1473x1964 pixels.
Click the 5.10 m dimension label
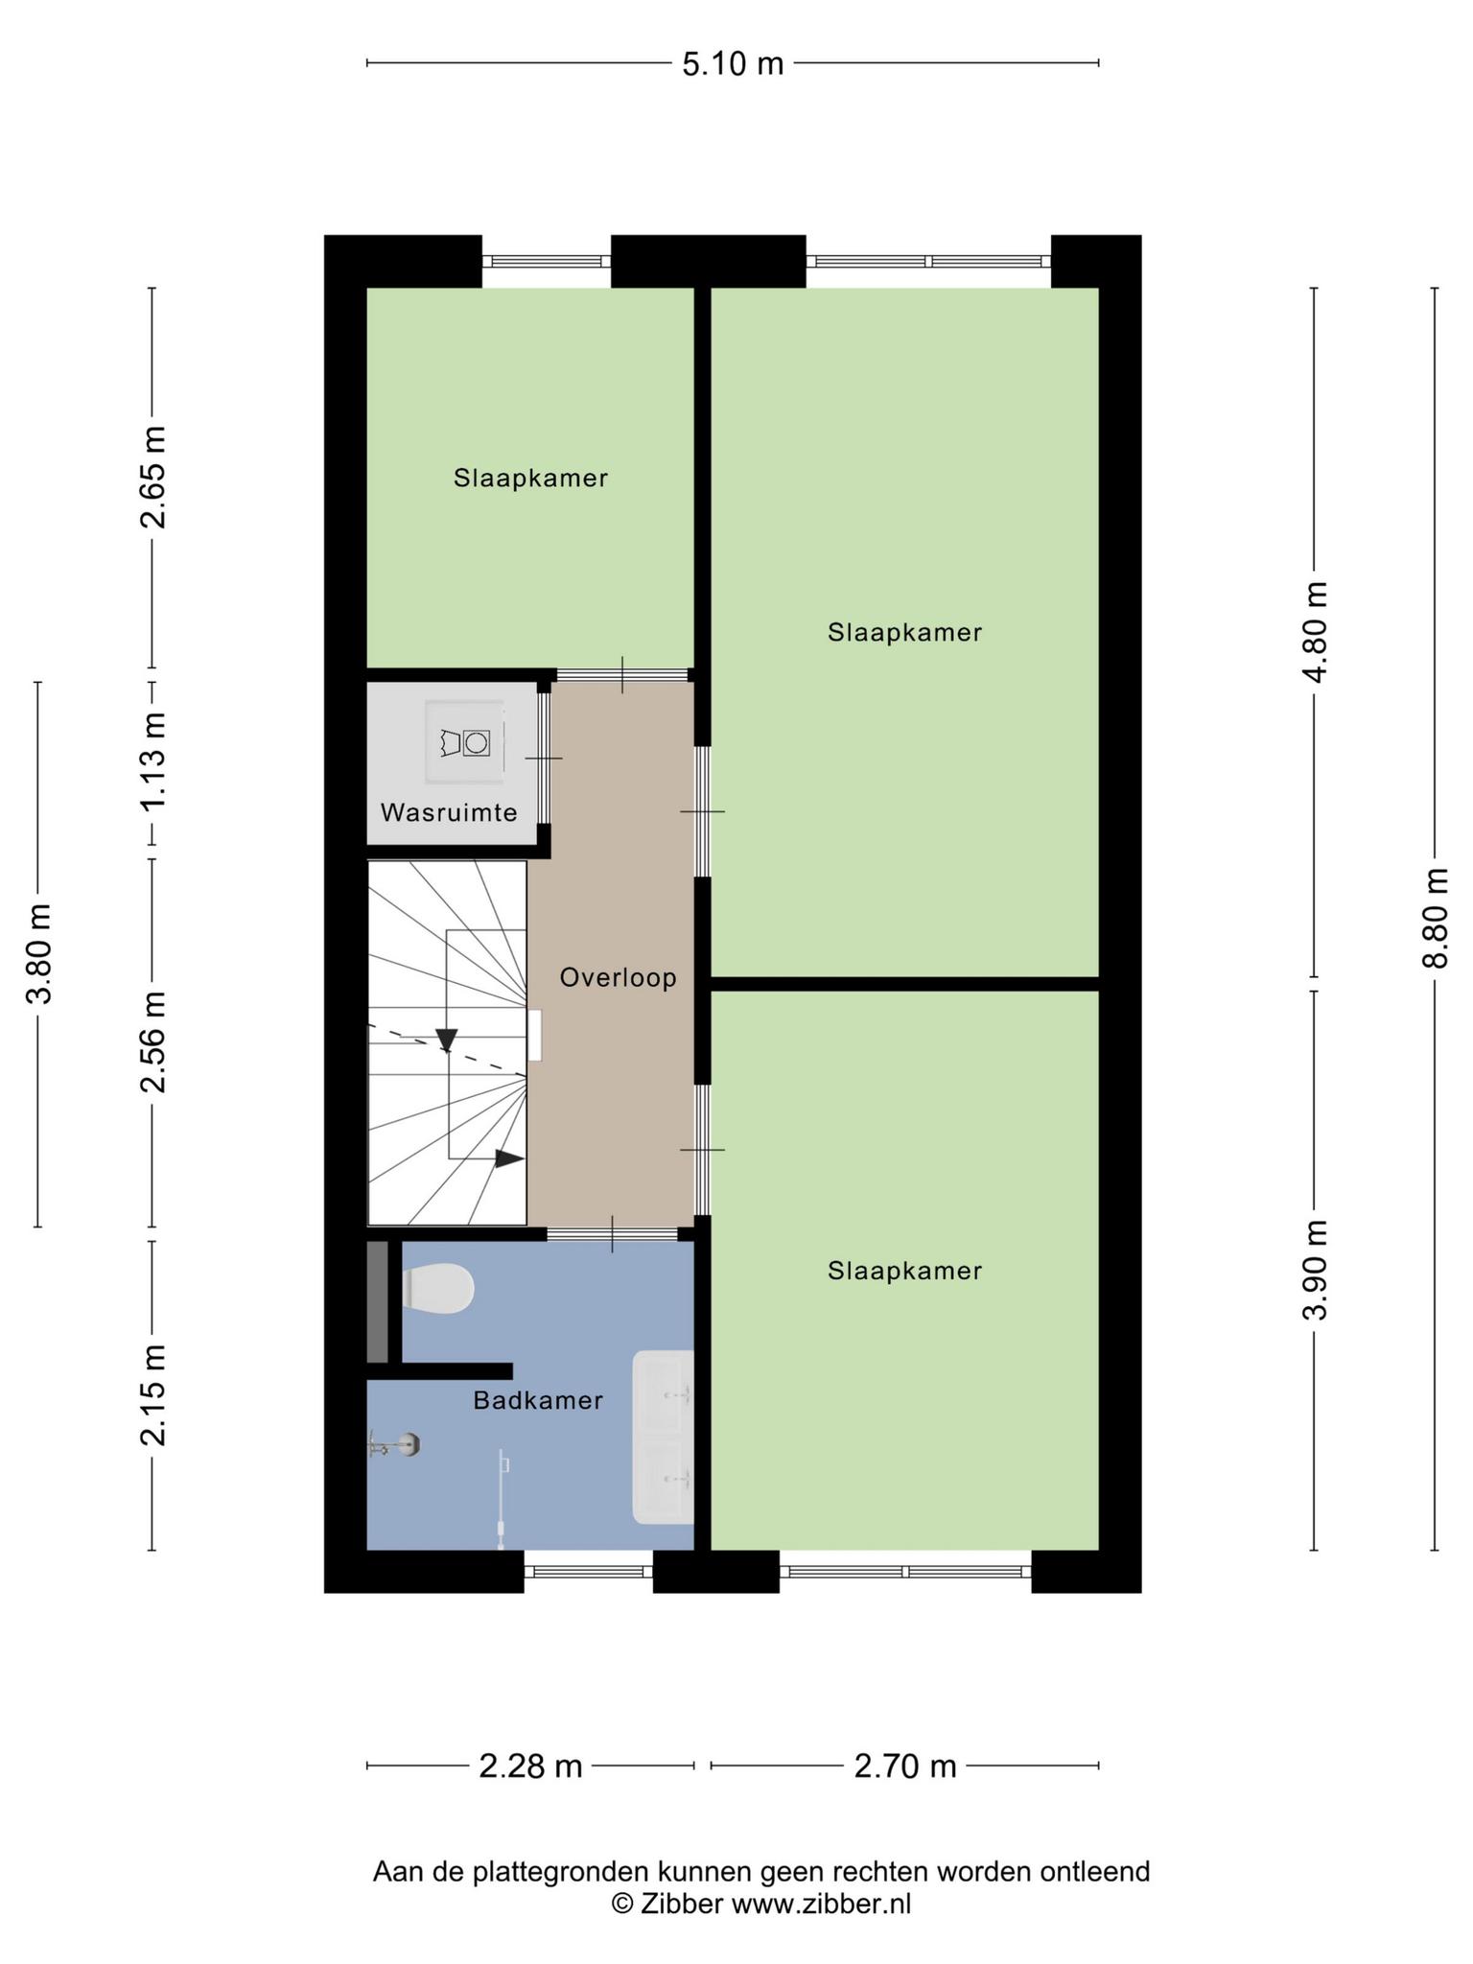(x=733, y=64)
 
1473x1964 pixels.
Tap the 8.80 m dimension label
(x=1435, y=918)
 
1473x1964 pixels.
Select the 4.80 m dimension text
(x=1315, y=631)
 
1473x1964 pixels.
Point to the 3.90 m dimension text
(x=1315, y=1270)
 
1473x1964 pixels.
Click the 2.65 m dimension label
(x=152, y=477)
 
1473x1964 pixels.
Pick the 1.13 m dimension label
(x=152, y=762)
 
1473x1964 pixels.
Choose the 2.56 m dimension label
(x=152, y=1041)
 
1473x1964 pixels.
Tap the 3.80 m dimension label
(x=38, y=953)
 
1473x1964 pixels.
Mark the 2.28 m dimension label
(x=530, y=1765)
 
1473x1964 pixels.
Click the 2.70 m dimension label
(x=905, y=1765)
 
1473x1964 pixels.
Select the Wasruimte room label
(x=449, y=813)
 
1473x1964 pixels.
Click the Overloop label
(x=619, y=977)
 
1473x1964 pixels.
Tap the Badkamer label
(x=538, y=1400)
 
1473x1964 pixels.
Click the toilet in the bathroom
(x=438, y=1288)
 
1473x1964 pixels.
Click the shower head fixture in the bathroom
(x=396, y=1445)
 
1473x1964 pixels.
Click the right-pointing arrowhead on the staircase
(x=509, y=1158)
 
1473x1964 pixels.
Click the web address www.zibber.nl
(x=822, y=1904)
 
